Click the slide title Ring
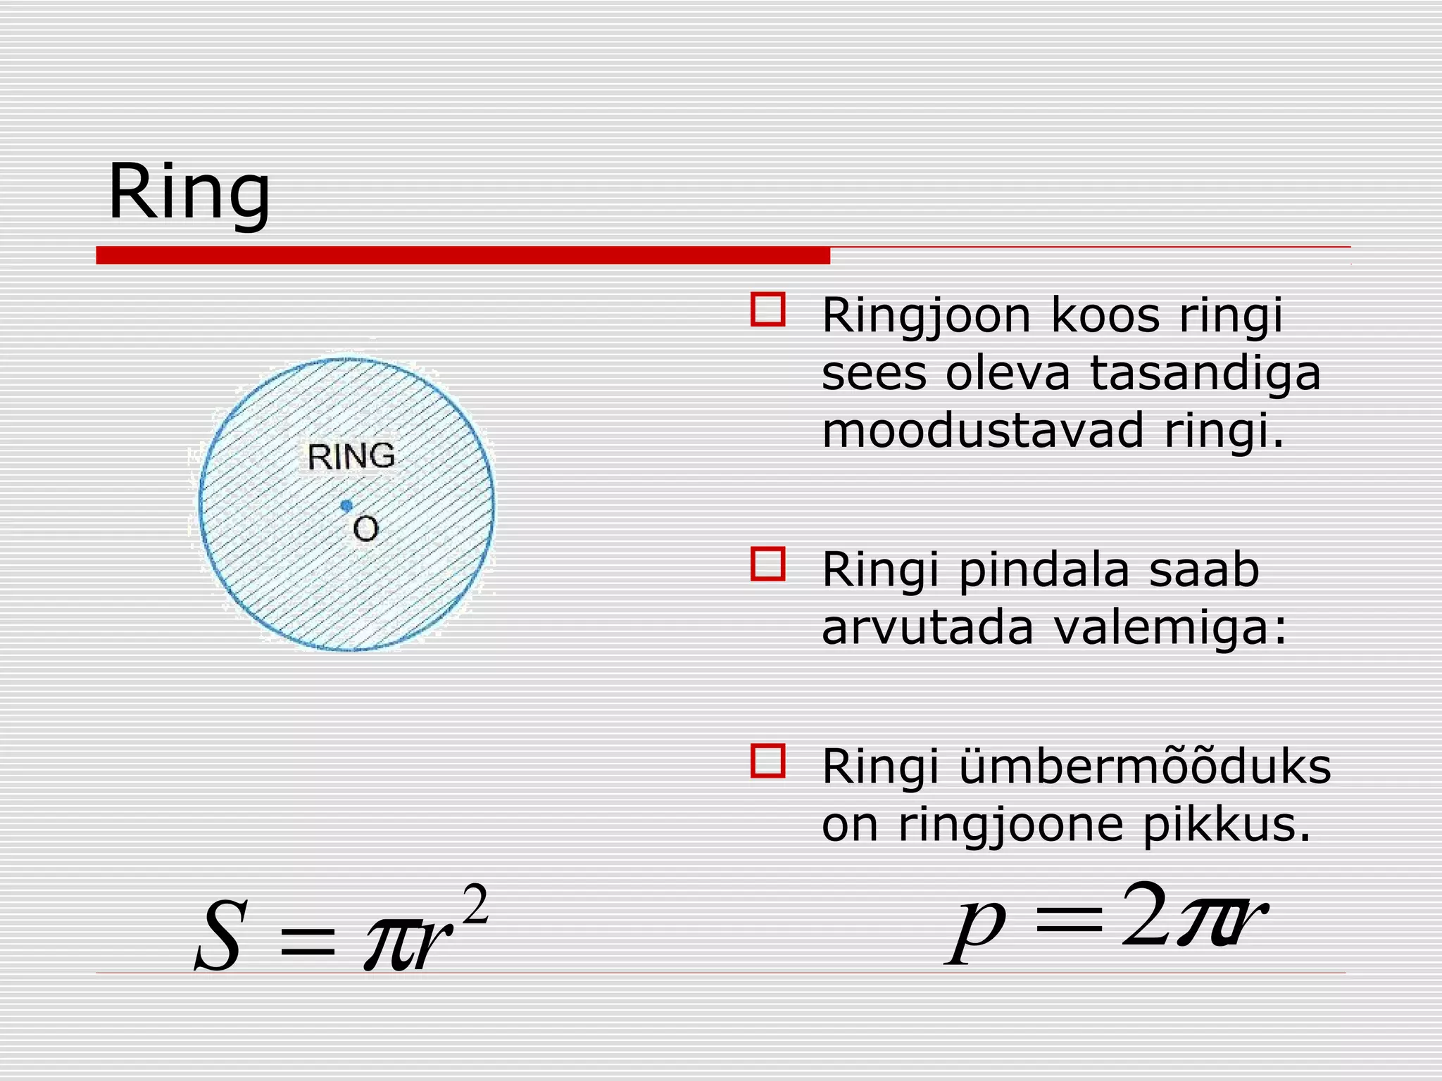click(x=189, y=192)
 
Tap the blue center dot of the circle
click(x=346, y=505)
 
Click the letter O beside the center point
click(x=365, y=529)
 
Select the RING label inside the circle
click(x=351, y=457)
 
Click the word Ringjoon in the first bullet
click(x=926, y=316)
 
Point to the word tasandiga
click(x=1205, y=373)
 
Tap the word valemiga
click(x=1170, y=627)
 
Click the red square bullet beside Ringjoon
click(x=767, y=310)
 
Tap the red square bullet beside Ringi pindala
click(x=767, y=564)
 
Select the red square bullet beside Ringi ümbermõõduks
click(x=767, y=761)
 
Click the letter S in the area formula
click(x=220, y=937)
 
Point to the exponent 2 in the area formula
click(x=476, y=906)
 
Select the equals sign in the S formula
click(x=308, y=942)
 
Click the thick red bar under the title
click(x=463, y=255)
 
